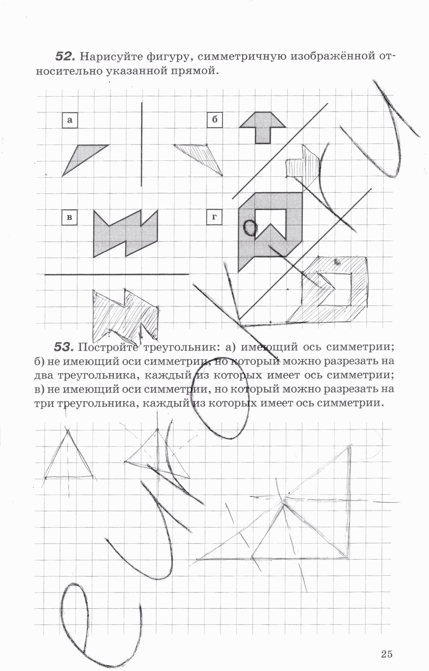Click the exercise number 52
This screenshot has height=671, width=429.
coord(65,56)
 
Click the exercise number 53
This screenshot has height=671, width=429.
coord(65,346)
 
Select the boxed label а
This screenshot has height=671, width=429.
coord(70,121)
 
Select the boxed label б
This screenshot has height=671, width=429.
coord(214,120)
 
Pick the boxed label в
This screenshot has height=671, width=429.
coord(70,217)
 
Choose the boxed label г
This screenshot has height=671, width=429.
coord(214,217)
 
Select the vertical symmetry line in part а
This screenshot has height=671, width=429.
coord(142,144)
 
